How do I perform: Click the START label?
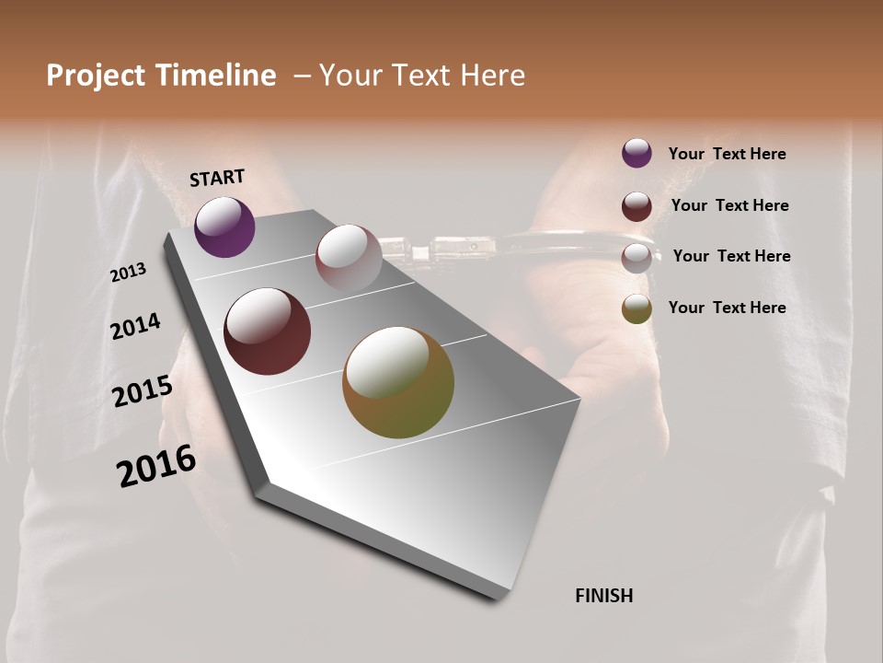click(217, 178)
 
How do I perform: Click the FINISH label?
click(604, 596)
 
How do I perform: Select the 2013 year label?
click(129, 273)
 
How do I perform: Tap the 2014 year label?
click(135, 326)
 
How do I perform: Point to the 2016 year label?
click(156, 466)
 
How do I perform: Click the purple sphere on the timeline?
click(224, 227)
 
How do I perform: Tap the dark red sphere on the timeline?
click(267, 331)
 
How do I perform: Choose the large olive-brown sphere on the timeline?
click(398, 382)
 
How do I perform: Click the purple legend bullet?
click(636, 153)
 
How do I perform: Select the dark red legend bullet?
click(636, 205)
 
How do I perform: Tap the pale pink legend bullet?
click(636, 257)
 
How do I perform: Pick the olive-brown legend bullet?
click(636, 308)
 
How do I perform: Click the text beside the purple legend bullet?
click(727, 154)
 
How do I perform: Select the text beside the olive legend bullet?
click(727, 308)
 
